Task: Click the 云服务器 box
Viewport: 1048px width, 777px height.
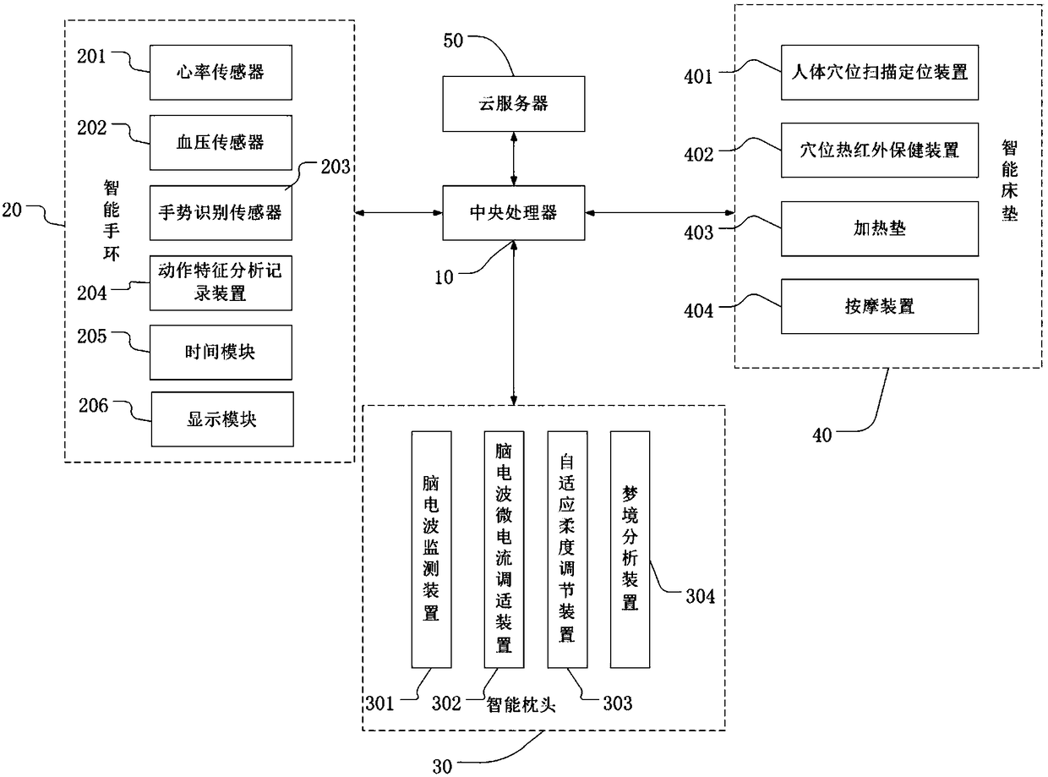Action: pos(513,103)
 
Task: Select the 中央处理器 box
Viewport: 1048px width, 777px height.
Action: pos(513,213)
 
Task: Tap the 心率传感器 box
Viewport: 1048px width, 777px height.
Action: pos(221,73)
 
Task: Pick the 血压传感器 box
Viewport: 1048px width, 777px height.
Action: pos(221,142)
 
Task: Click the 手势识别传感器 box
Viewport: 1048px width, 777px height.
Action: pos(221,213)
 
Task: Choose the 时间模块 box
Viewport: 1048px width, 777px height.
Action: pos(221,352)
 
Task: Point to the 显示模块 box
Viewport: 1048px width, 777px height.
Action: pos(222,419)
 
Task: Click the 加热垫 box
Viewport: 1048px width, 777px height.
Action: pos(879,229)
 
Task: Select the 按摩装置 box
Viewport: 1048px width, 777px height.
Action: pos(879,306)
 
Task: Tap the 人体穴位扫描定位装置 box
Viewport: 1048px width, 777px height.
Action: pos(879,73)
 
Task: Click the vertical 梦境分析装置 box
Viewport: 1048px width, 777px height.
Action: pos(630,550)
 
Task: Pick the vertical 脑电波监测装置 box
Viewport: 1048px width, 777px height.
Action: pos(431,550)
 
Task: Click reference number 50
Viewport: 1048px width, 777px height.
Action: pos(453,41)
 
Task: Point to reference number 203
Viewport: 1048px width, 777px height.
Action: pos(336,167)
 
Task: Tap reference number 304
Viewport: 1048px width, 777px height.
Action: pos(701,596)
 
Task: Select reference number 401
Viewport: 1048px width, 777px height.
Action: pos(698,77)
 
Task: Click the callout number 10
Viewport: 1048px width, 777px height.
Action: pos(444,277)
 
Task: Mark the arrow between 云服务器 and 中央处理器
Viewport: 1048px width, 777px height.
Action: pos(514,158)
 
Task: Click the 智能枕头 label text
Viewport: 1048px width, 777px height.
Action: pos(521,705)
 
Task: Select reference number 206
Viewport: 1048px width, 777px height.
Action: pos(93,406)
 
